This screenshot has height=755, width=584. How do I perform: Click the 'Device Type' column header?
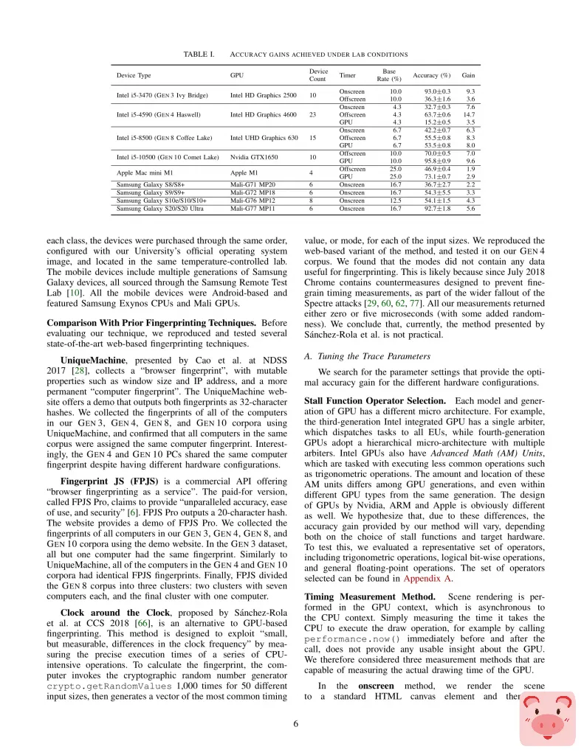click(x=134, y=75)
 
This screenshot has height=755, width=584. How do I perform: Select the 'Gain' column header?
click(x=467, y=75)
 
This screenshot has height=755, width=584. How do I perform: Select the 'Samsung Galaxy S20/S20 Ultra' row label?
click(x=162, y=209)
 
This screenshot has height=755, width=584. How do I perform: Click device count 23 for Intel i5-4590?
click(x=313, y=115)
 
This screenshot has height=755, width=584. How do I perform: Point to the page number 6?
click(x=295, y=723)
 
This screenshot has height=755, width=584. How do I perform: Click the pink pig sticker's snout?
click(x=547, y=725)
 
